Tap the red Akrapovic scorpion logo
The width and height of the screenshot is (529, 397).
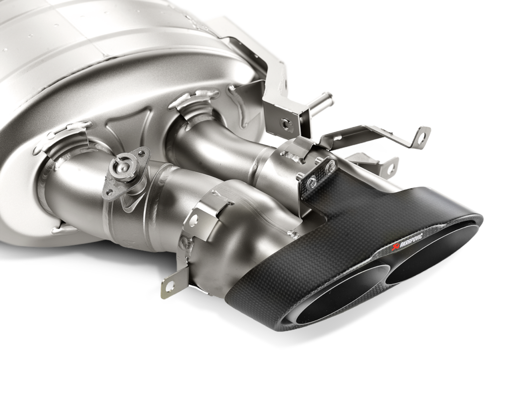(394, 249)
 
